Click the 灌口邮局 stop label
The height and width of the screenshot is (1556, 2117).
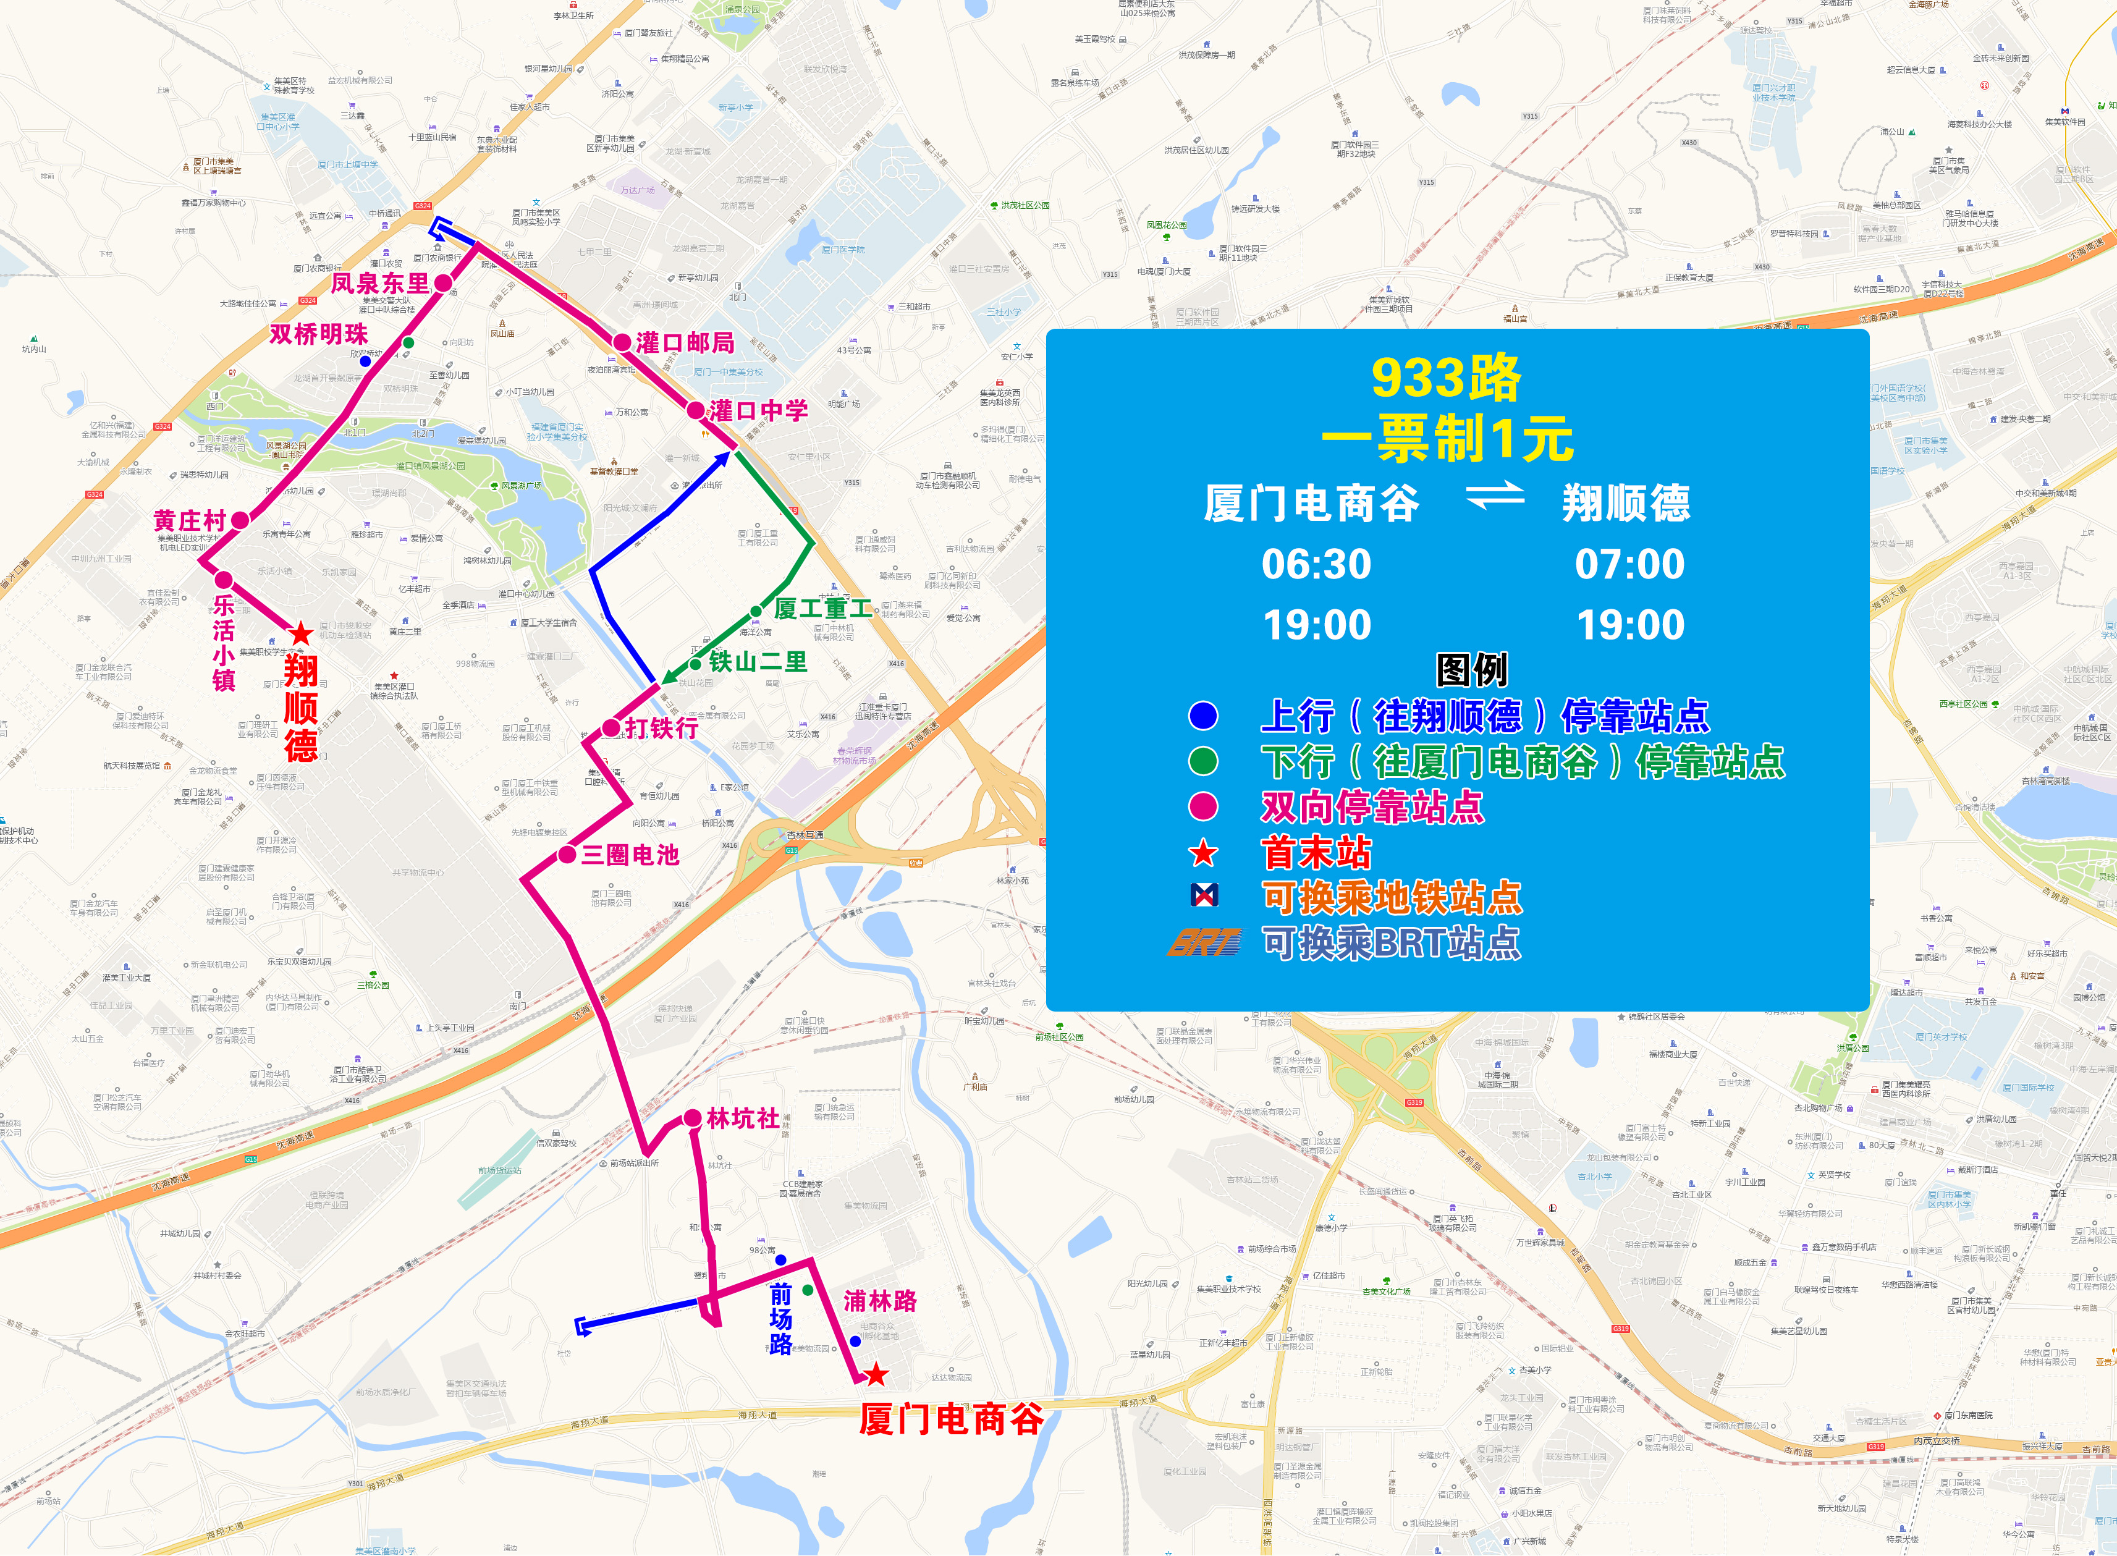click(685, 343)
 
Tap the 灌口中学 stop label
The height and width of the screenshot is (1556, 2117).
click(758, 411)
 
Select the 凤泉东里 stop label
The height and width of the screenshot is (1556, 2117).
click(379, 282)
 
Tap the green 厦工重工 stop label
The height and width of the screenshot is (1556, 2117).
click(822, 609)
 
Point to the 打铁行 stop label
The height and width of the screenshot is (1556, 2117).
click(662, 728)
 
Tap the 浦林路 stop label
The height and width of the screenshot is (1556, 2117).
click(879, 1301)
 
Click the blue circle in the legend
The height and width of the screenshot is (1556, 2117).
click(1202, 716)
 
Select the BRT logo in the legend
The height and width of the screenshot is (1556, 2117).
click(1204, 942)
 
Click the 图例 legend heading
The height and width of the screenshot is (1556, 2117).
click(1471, 670)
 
